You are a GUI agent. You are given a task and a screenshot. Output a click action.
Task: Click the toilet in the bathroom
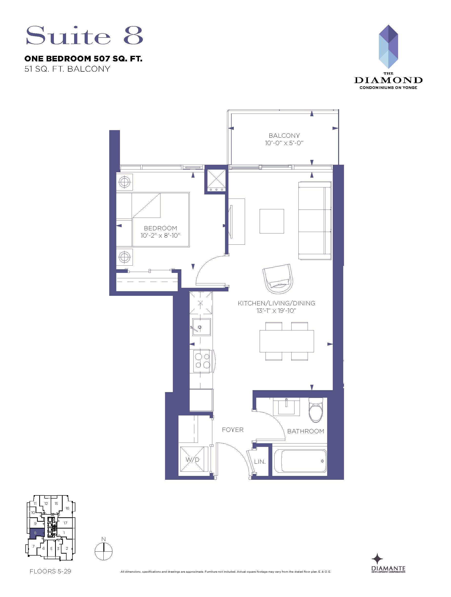click(x=315, y=410)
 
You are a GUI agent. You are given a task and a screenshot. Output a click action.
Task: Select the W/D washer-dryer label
click(x=193, y=459)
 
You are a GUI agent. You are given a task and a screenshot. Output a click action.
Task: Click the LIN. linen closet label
click(x=260, y=462)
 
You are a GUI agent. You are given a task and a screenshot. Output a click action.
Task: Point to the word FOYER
click(x=233, y=430)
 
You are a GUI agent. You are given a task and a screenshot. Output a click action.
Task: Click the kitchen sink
click(x=201, y=327)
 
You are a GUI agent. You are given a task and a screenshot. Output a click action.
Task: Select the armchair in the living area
click(x=278, y=279)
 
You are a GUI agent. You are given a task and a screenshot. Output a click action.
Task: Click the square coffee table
click(x=272, y=221)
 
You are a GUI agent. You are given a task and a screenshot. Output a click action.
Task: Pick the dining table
click(x=287, y=341)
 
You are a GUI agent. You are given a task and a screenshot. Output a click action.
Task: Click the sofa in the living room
click(x=315, y=221)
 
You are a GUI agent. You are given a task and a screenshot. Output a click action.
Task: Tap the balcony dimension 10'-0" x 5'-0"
click(x=284, y=143)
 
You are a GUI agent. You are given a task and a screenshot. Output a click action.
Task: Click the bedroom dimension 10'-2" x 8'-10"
click(x=160, y=235)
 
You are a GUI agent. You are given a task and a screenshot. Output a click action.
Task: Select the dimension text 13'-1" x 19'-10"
click(x=276, y=310)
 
